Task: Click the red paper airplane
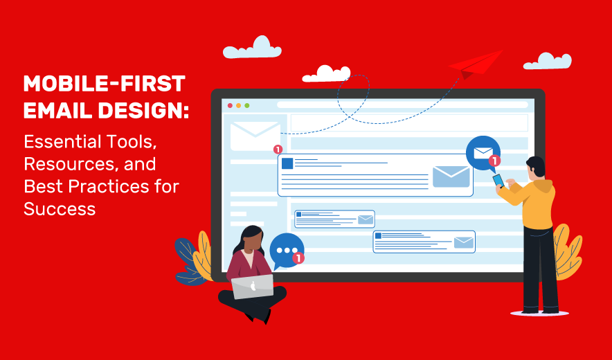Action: [477, 65]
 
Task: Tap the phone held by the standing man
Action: [498, 181]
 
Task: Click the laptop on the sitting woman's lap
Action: [253, 287]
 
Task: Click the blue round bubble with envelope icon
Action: [483, 154]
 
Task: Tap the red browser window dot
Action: [230, 105]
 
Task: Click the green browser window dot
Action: [246, 105]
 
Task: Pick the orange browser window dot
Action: [238, 105]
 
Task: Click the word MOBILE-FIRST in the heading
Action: [105, 84]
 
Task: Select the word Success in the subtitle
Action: [60, 209]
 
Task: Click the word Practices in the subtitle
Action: [109, 186]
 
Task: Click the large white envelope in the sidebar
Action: [255, 136]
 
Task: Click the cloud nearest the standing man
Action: [547, 61]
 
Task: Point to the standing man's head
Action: [536, 167]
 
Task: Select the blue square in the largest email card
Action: [287, 163]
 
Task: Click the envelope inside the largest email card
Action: [451, 177]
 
